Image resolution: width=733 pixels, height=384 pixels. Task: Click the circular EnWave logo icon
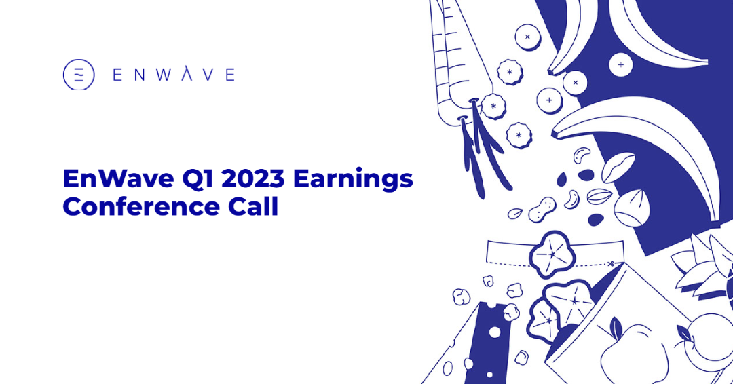pos(79,75)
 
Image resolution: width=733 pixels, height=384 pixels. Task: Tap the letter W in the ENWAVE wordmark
pos(164,75)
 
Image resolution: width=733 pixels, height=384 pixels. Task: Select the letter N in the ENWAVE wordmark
pos(140,75)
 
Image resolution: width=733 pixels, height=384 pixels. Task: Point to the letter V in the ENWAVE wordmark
pos(208,75)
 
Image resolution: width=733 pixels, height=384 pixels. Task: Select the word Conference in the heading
pos(141,207)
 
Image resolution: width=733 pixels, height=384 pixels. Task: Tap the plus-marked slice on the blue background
pos(621,64)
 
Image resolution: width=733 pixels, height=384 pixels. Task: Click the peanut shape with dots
pos(542,209)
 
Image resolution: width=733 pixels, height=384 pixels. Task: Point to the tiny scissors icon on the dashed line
pos(611,264)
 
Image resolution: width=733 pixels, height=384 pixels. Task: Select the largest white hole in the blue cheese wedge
pos(495,332)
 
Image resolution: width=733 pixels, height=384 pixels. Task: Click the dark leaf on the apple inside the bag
pos(616,326)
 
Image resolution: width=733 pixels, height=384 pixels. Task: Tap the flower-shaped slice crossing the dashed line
pos(552,255)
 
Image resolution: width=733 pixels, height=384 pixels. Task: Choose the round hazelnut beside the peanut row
pos(632,208)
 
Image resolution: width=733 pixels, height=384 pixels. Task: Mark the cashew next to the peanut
pos(571,199)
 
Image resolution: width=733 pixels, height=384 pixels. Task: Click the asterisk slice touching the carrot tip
pos(493,107)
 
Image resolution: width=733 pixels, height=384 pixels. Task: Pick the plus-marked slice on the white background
pos(549,100)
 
